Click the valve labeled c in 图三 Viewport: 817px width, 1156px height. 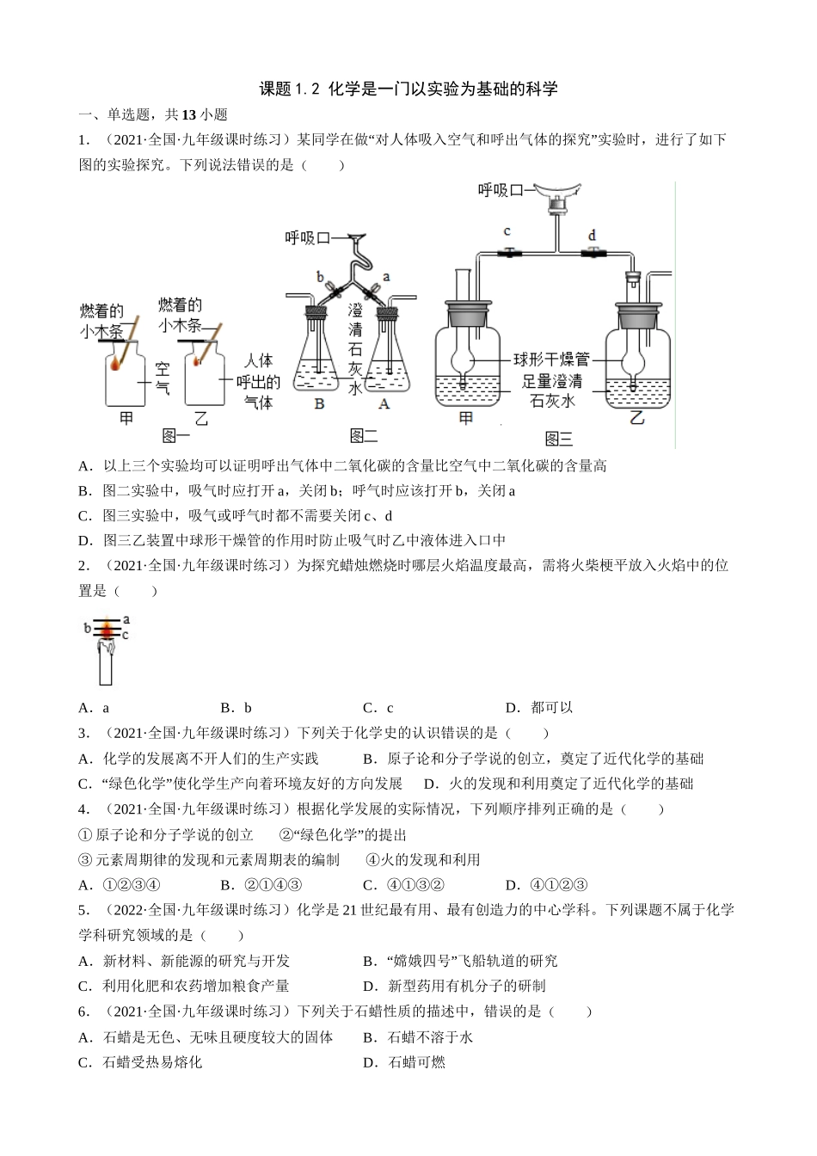509,253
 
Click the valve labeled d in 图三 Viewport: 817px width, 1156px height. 593,253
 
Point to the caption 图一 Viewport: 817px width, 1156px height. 176,436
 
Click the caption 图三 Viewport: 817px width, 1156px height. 558,440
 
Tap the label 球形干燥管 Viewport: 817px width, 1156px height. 551,360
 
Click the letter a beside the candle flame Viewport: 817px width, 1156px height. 126,619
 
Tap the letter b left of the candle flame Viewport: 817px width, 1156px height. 87,629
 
